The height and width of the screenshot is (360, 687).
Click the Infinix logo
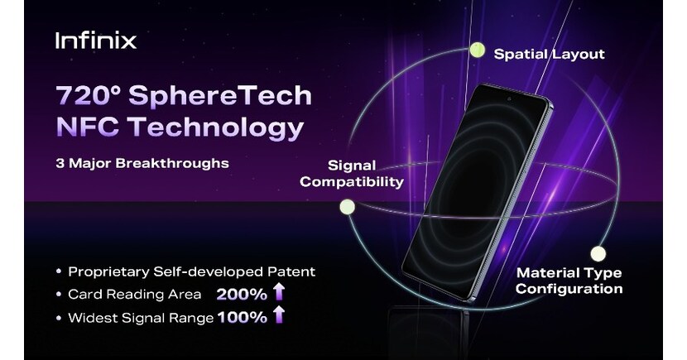coord(95,41)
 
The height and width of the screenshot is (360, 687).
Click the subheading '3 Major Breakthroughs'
coord(142,163)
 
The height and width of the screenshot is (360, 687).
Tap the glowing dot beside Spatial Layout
coord(477,50)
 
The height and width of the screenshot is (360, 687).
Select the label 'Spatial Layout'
coord(549,55)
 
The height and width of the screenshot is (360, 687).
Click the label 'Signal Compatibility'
coord(352,173)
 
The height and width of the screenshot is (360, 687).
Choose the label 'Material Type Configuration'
coord(569,281)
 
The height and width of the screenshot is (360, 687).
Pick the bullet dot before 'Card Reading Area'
coord(58,294)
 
